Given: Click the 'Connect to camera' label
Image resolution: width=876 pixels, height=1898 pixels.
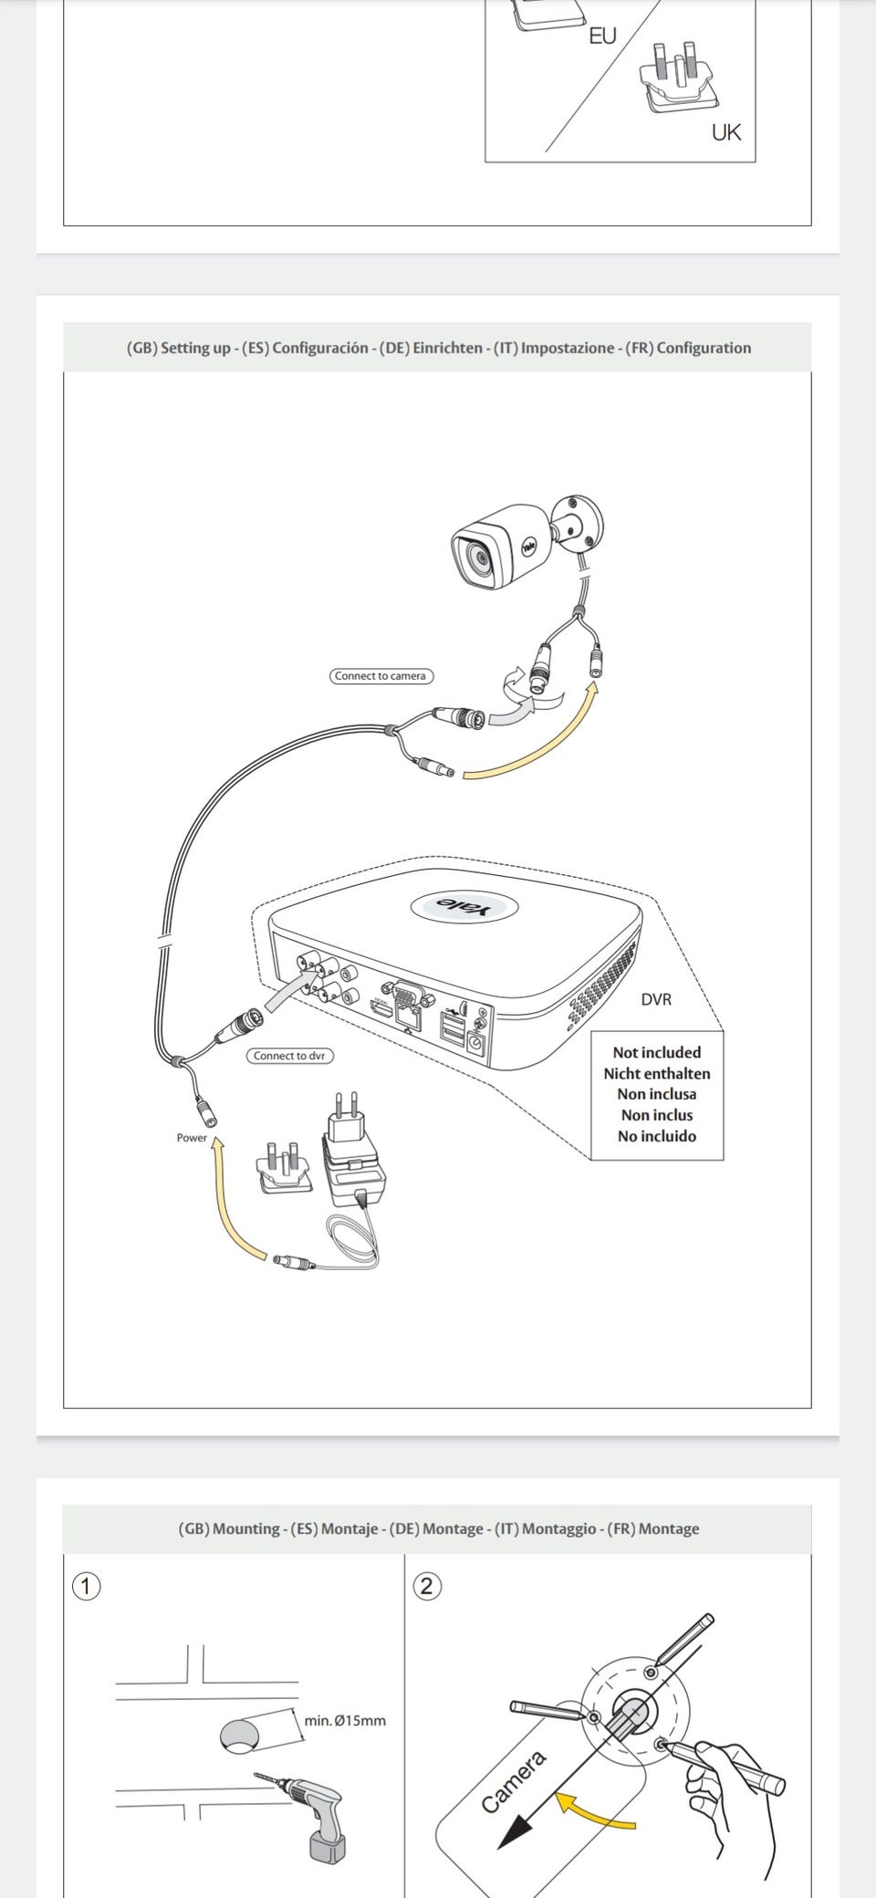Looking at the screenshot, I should point(380,676).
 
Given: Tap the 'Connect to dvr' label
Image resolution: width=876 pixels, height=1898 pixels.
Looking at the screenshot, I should point(289,1056).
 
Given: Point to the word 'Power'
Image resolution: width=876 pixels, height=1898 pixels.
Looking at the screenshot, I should point(192,1138).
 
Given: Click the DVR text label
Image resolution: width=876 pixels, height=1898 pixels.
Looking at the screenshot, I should point(656,999).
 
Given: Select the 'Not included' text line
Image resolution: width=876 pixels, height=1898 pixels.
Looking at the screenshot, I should point(657,1052).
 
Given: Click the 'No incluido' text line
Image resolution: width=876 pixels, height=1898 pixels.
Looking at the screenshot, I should point(657,1136).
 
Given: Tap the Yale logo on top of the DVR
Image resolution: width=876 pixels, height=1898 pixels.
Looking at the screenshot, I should point(464,906).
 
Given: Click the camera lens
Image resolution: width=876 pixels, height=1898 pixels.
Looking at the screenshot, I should point(476,558).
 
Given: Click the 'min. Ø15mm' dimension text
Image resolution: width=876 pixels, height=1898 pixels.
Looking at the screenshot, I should point(345,1720).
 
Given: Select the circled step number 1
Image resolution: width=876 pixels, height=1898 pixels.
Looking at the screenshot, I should point(86,1587).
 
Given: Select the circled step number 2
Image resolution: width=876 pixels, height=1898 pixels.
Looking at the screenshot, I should point(426,1587).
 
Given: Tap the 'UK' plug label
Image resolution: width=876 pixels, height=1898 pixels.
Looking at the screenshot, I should point(726,132).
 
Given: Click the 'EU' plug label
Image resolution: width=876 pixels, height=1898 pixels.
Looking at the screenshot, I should point(602,36).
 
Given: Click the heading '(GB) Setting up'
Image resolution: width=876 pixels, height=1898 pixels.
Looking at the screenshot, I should point(178,348).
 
